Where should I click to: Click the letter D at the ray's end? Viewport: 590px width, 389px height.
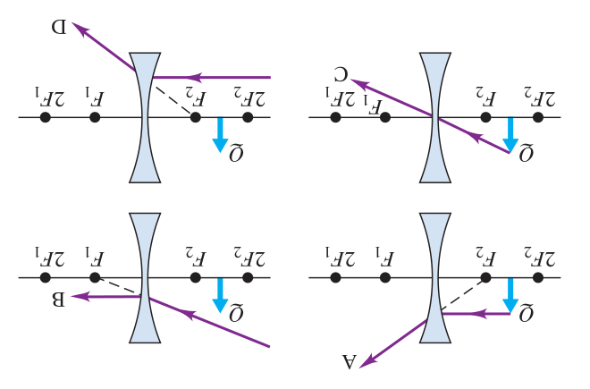[59, 28]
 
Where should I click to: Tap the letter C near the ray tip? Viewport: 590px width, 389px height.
[342, 75]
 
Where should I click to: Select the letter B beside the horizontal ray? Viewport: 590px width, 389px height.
[58, 300]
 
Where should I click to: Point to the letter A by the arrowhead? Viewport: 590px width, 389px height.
[349, 362]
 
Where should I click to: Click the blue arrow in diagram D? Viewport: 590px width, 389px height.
[220, 135]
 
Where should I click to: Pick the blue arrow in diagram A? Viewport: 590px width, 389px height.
[510, 295]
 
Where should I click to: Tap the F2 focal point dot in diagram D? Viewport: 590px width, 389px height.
[195, 117]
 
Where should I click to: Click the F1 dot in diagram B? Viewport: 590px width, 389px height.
[95, 278]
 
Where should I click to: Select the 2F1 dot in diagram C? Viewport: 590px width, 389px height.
[335, 117]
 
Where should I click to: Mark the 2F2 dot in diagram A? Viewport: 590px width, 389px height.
[538, 278]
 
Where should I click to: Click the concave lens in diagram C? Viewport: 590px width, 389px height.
[435, 117]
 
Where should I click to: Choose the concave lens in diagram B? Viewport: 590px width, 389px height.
[145, 278]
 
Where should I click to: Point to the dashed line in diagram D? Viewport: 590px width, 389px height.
[173, 100]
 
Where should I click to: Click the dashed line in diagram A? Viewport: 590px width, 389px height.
[464, 295]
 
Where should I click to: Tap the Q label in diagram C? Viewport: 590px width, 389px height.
[526, 152]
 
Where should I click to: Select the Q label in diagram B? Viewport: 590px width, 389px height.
[236, 313]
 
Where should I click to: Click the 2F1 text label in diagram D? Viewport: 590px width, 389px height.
[50, 97]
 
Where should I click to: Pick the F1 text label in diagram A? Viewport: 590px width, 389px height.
[384, 258]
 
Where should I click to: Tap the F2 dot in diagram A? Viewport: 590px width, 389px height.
[485, 278]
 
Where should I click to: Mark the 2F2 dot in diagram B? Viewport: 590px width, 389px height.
[248, 278]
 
